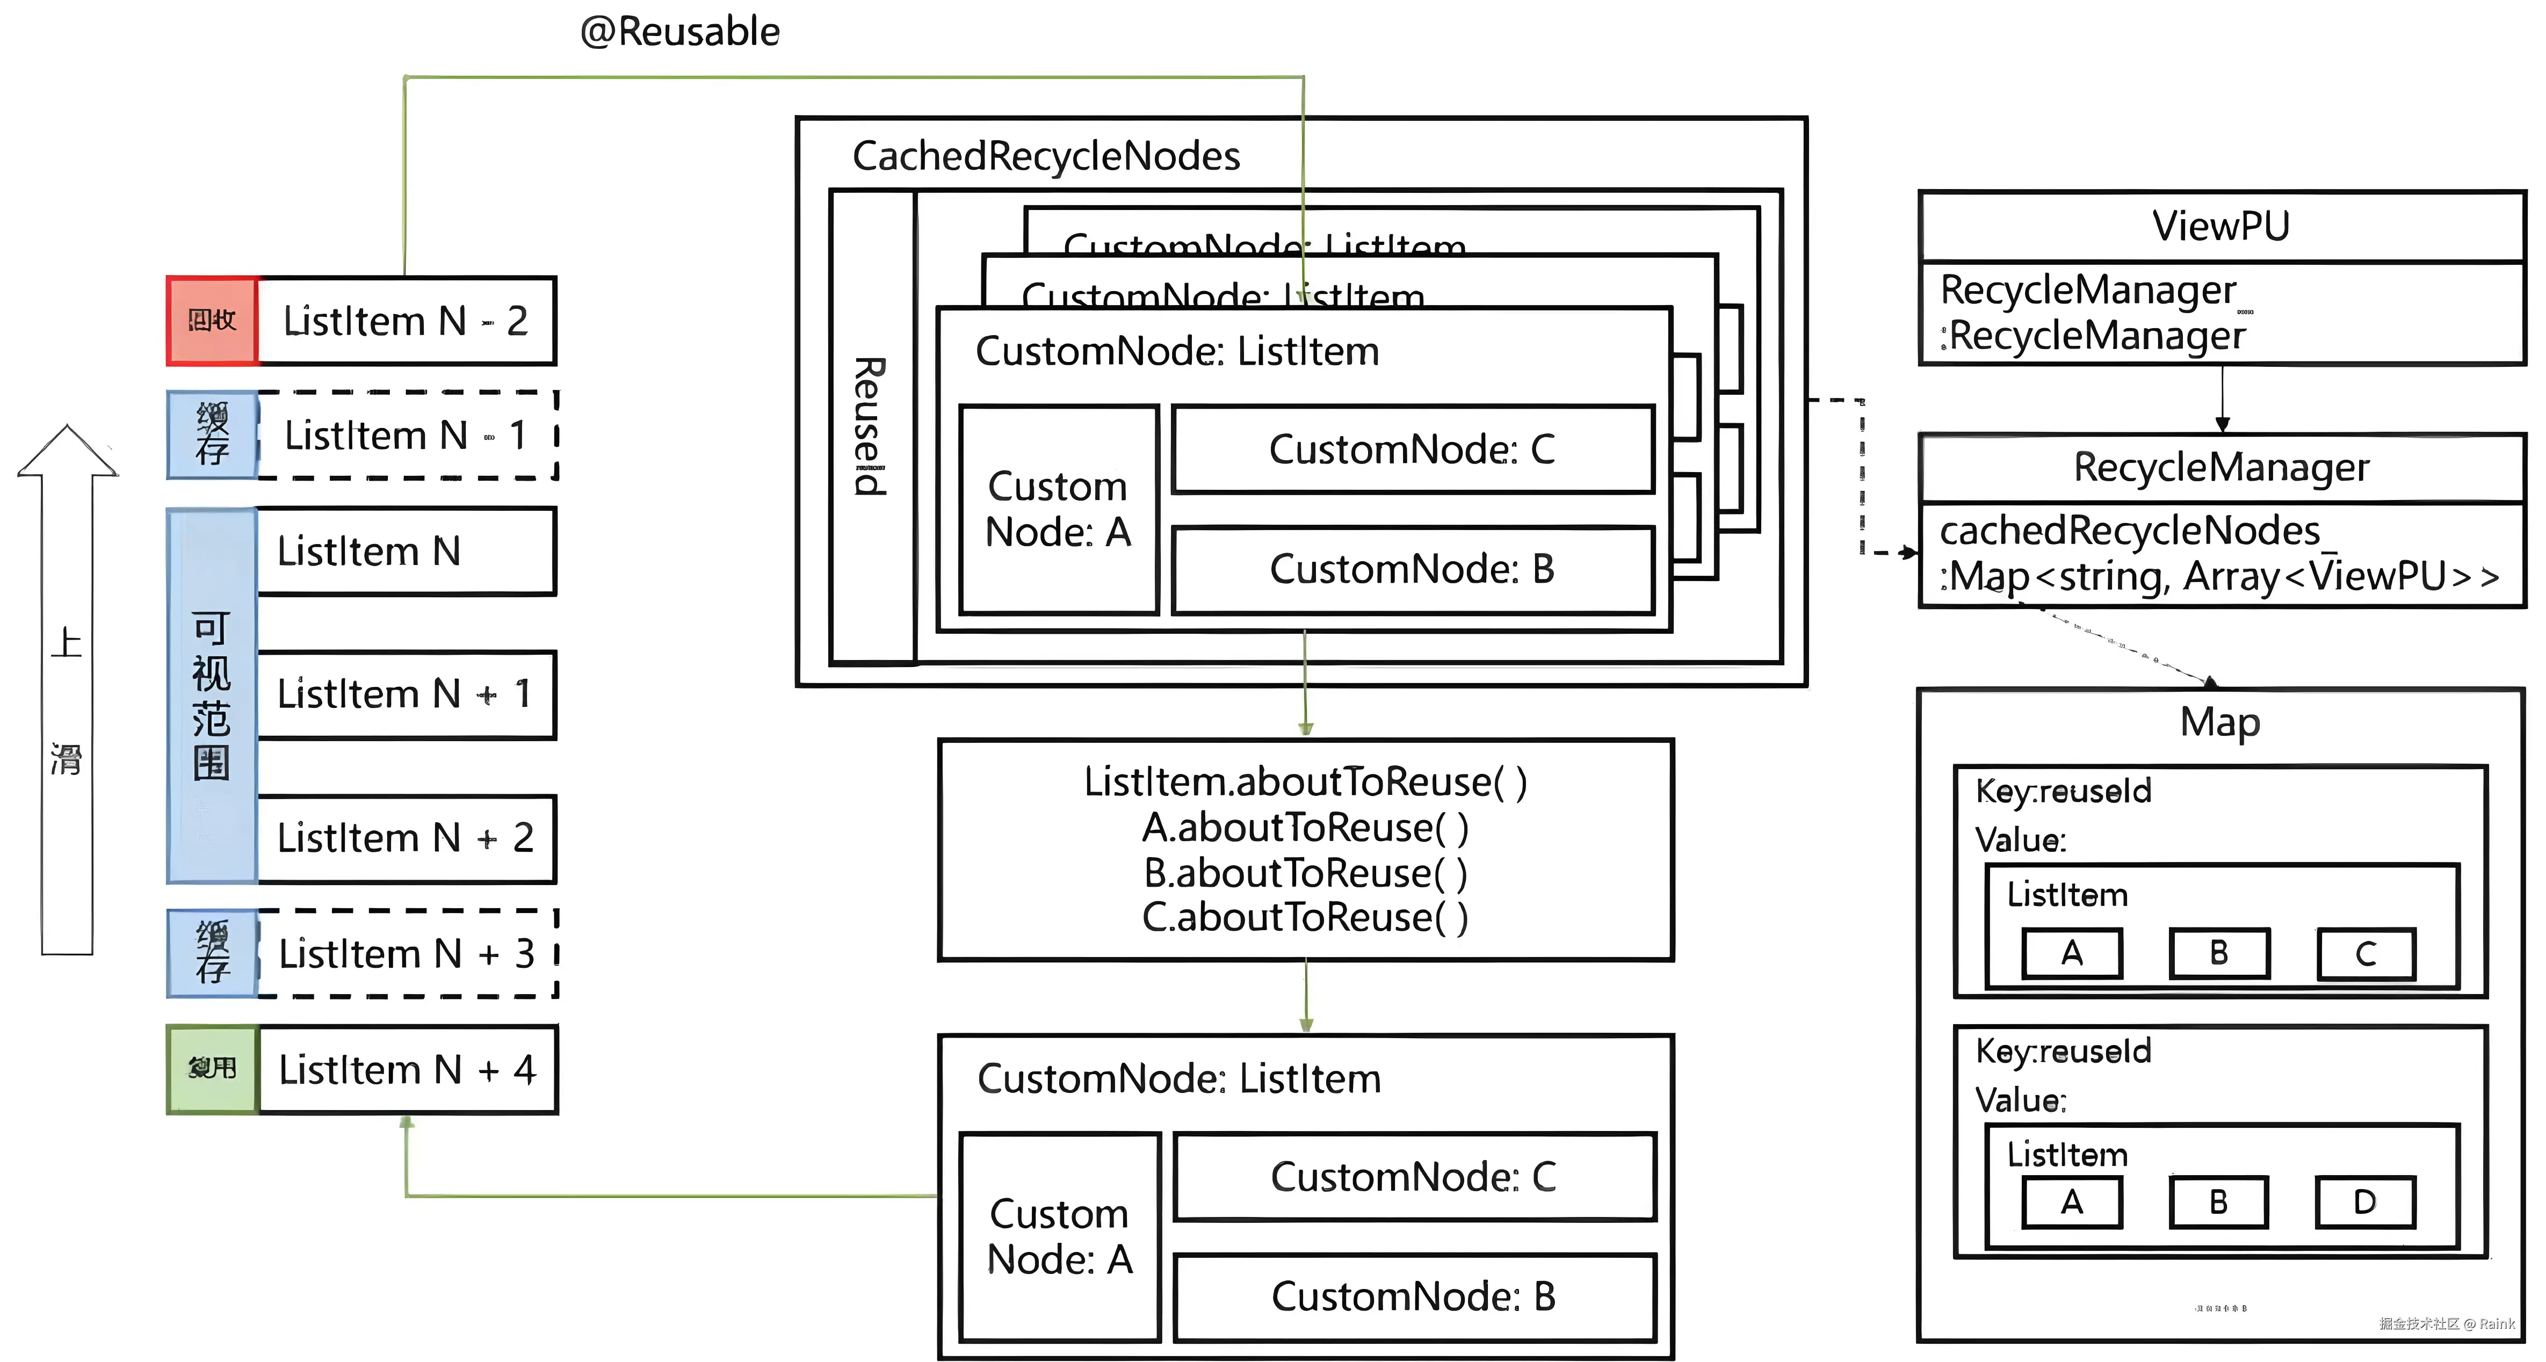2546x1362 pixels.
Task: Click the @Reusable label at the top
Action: (x=680, y=32)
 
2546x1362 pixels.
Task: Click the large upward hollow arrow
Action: (x=67, y=692)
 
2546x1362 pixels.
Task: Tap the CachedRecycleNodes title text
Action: (x=1046, y=156)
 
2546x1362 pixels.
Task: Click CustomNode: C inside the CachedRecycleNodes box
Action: (x=1412, y=450)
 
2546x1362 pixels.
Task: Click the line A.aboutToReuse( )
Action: (x=1305, y=827)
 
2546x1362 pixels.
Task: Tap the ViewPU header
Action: (x=2221, y=226)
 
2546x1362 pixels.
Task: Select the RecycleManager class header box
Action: (x=2221, y=467)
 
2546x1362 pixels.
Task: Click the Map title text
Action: (x=2220, y=721)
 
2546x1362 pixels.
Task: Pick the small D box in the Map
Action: (x=2365, y=1202)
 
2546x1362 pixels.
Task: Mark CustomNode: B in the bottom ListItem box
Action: (x=1413, y=1296)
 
